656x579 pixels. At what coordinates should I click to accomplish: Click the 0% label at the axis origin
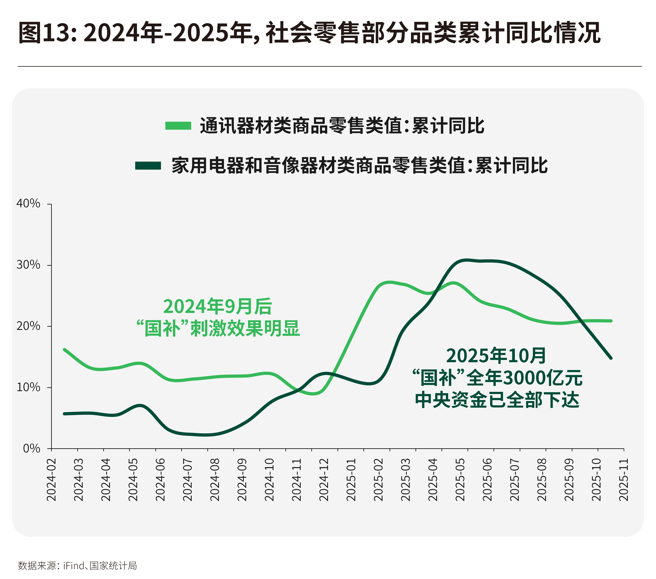(x=31, y=448)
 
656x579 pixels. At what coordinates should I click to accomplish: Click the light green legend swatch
(x=178, y=126)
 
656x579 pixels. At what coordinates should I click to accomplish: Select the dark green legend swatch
(x=148, y=166)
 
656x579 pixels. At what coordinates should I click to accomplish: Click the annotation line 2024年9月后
(x=218, y=307)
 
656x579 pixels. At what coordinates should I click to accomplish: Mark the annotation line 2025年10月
(x=496, y=356)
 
